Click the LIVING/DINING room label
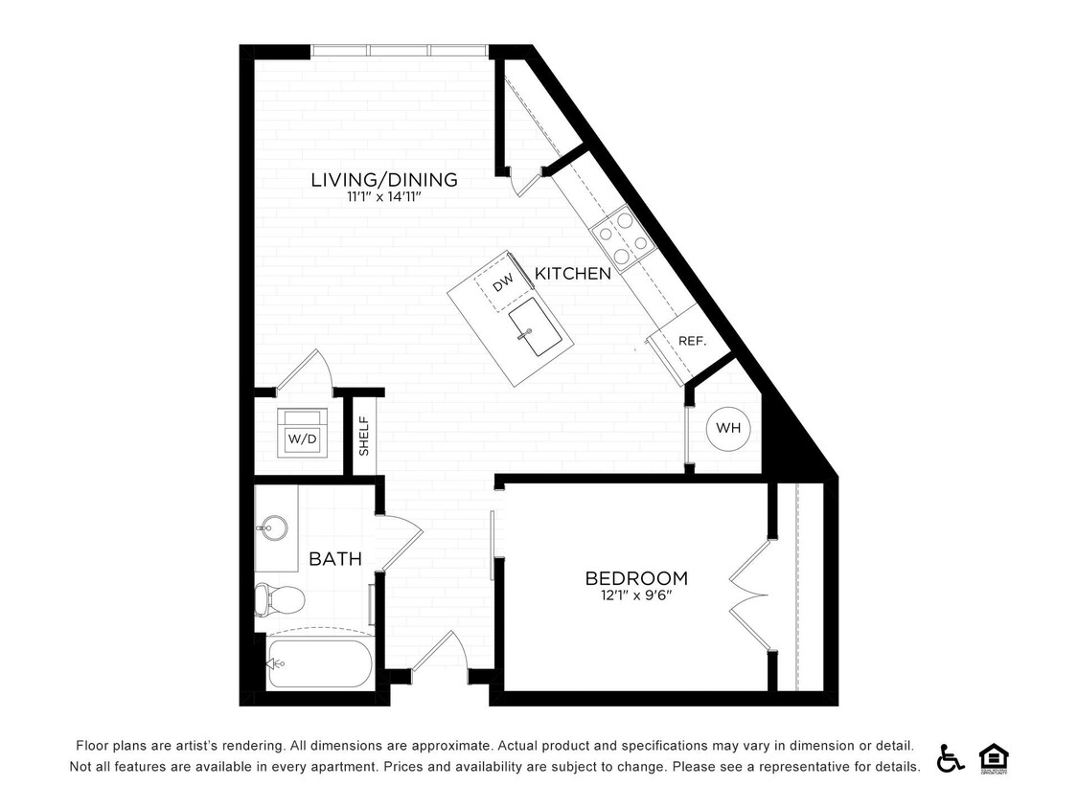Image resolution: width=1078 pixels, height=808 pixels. (383, 179)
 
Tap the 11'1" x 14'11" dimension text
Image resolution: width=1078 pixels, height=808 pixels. (383, 197)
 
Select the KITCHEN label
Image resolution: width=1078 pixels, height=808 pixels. (572, 274)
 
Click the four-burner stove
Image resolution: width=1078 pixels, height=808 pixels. (620, 237)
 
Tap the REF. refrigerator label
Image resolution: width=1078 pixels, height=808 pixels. (691, 341)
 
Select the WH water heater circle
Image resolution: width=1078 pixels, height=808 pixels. (728, 428)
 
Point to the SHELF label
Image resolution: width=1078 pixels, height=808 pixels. (364, 436)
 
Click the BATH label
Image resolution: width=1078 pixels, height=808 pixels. (334, 558)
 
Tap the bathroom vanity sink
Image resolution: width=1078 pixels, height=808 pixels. (271, 527)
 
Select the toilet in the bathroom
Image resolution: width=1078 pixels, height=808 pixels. (279, 600)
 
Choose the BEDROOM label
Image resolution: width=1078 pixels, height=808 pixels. (636, 578)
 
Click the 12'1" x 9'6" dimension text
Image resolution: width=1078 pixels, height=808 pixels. (636, 596)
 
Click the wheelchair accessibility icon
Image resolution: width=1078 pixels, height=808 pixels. (950, 757)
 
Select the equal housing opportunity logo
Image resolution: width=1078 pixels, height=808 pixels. (994, 757)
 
